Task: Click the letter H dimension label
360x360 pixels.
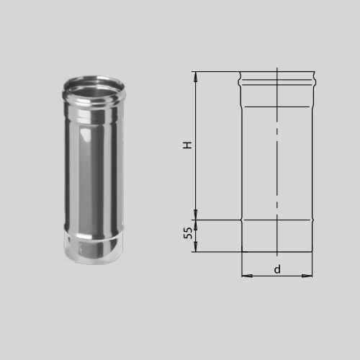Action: pos(187,145)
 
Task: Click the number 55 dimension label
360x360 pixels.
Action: pos(188,233)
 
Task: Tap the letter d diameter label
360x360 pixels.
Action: pos(277,269)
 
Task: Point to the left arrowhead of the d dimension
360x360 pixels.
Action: pos(247,276)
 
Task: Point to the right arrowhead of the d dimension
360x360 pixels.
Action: pos(307,276)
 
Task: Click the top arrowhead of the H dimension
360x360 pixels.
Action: pos(196,77)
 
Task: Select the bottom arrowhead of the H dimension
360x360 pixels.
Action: pos(196,215)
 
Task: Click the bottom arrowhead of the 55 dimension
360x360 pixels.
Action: pos(196,247)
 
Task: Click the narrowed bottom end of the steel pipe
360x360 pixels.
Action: pos(94,250)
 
